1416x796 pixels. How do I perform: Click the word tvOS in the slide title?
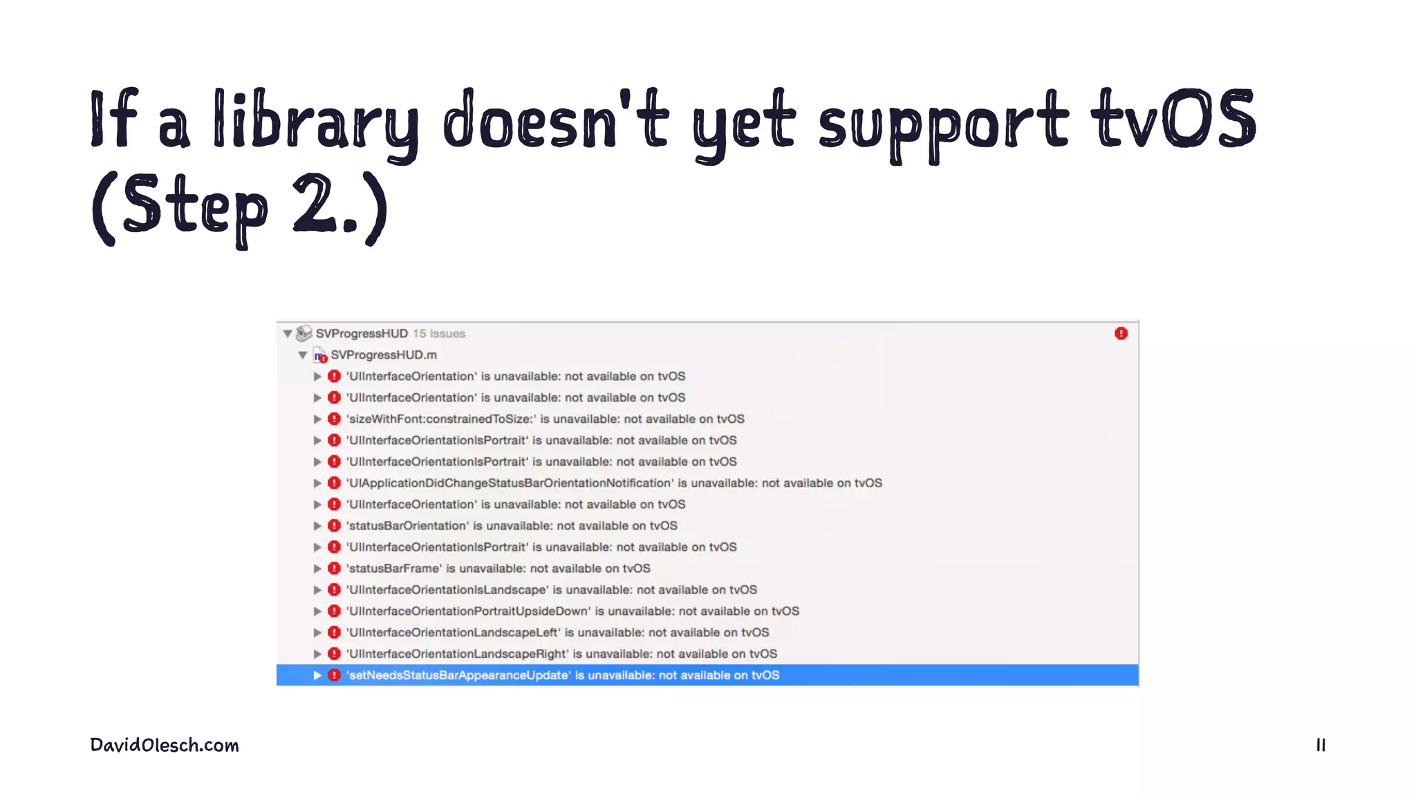coord(1173,119)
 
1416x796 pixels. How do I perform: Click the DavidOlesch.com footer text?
coord(165,745)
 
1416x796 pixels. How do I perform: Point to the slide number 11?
coord(1321,745)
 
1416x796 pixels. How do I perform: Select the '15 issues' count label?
coord(439,334)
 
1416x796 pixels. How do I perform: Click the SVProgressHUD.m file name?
coord(384,355)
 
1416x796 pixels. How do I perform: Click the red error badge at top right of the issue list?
coord(1121,334)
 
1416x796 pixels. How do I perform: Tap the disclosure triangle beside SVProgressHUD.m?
coord(303,355)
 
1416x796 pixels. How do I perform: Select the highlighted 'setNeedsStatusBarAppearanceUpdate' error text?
coord(563,675)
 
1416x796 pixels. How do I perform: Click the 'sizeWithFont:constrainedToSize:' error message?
coord(545,419)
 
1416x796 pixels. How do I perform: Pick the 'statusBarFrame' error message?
coord(498,568)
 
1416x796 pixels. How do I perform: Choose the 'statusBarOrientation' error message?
coord(512,526)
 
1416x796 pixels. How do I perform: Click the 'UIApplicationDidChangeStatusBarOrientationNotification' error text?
coord(614,483)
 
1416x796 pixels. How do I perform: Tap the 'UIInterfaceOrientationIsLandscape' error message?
coord(551,589)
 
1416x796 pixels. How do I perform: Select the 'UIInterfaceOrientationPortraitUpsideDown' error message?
coord(572,611)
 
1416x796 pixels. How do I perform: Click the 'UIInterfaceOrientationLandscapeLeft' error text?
coord(557,632)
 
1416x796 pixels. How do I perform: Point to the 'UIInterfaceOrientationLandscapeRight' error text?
coord(561,654)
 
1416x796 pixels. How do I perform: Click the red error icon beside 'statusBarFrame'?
coord(334,568)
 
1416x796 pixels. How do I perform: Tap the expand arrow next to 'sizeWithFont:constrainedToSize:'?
coord(317,419)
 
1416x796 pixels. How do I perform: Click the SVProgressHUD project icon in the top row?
coord(304,334)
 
